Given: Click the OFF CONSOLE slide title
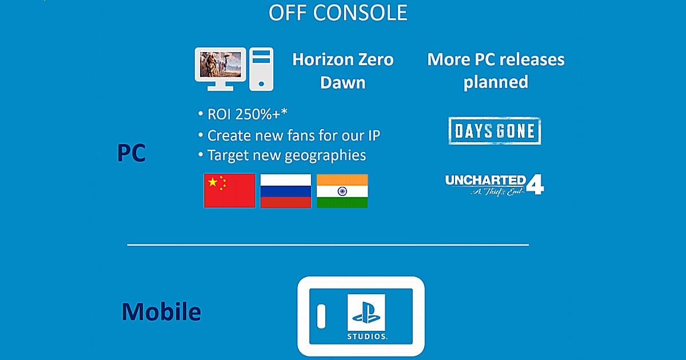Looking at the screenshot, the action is [x=338, y=13].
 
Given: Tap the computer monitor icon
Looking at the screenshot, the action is [x=220, y=69].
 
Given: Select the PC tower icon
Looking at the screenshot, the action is [x=261, y=69].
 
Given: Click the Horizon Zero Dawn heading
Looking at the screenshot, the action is [x=342, y=71].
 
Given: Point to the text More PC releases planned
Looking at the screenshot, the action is [x=496, y=71].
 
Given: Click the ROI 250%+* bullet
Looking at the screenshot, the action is [x=242, y=114].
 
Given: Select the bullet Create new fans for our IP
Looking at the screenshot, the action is [x=289, y=135].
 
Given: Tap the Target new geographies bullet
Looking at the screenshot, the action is [x=282, y=155].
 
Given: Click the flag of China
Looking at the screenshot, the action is [x=229, y=191].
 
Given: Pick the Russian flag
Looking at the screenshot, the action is [x=286, y=191].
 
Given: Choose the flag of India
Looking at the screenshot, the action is [x=342, y=191].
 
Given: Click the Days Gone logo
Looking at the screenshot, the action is [x=494, y=131].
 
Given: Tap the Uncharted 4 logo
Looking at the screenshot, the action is [x=494, y=185].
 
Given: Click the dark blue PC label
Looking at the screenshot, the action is [x=131, y=153].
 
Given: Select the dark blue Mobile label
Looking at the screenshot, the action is [x=161, y=311].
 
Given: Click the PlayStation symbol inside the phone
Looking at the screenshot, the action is [x=366, y=313].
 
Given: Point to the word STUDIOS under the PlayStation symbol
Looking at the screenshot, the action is [x=367, y=337].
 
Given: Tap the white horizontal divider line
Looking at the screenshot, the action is [x=328, y=245].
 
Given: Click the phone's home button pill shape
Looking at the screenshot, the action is [x=321, y=316].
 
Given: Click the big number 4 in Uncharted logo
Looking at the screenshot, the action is [x=535, y=184].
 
